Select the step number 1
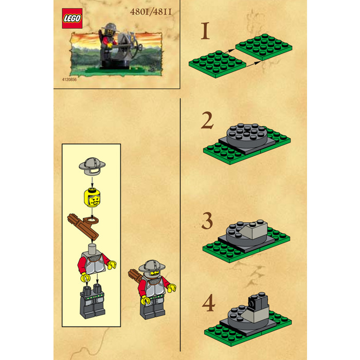[206, 31]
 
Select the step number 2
[207, 121]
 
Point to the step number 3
[207, 222]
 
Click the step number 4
[207, 304]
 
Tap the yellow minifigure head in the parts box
[91, 198]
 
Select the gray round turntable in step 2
[245, 133]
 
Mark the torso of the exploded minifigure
[93, 263]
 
